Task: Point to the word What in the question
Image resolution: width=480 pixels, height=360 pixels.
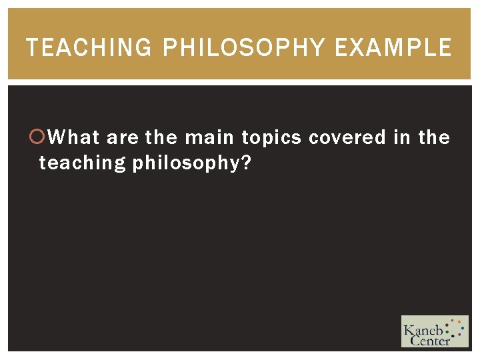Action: pyautogui.click(x=74, y=138)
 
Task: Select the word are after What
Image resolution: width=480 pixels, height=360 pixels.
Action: pyautogui.click(x=123, y=138)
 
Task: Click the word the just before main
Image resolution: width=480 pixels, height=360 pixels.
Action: pyautogui.click(x=161, y=138)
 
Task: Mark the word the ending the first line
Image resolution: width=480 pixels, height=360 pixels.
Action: pyautogui.click(x=434, y=138)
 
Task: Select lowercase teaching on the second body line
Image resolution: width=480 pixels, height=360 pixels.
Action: pyautogui.click(x=83, y=163)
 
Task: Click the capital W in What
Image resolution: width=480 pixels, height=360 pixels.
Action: pyautogui.click(x=57, y=138)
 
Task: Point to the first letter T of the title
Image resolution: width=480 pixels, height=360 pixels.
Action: pyautogui.click(x=31, y=48)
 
